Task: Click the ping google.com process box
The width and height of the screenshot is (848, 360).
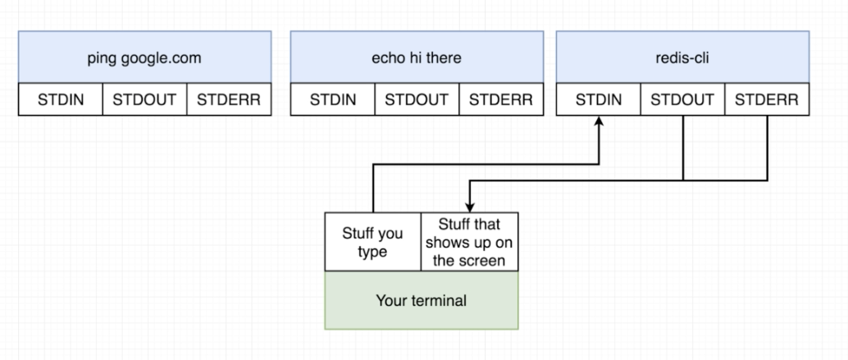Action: (x=144, y=58)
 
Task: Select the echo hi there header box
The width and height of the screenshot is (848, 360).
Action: (x=416, y=58)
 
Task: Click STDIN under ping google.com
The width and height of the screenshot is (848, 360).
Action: (x=60, y=100)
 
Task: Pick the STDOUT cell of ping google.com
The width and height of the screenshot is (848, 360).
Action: (x=144, y=100)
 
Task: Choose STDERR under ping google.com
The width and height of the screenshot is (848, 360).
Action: (x=229, y=100)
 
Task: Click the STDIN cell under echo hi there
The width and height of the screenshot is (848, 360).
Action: (x=332, y=100)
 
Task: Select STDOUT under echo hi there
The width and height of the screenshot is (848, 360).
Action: (x=417, y=100)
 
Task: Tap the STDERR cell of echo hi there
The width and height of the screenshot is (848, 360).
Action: (x=500, y=100)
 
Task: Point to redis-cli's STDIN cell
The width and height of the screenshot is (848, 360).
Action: (x=599, y=100)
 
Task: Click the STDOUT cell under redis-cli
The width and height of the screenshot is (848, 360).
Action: (x=683, y=100)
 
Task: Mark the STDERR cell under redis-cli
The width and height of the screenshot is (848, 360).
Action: (x=767, y=100)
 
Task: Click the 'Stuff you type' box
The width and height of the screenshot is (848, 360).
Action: (x=373, y=243)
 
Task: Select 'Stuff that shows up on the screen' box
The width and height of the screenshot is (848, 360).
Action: (x=470, y=243)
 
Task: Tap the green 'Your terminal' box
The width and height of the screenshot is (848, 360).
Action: (x=422, y=300)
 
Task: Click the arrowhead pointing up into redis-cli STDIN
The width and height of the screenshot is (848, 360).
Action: (x=600, y=121)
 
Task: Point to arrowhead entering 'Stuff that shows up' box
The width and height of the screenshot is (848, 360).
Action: (x=469, y=207)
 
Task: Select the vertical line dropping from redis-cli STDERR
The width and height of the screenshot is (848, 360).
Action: (x=767, y=148)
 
